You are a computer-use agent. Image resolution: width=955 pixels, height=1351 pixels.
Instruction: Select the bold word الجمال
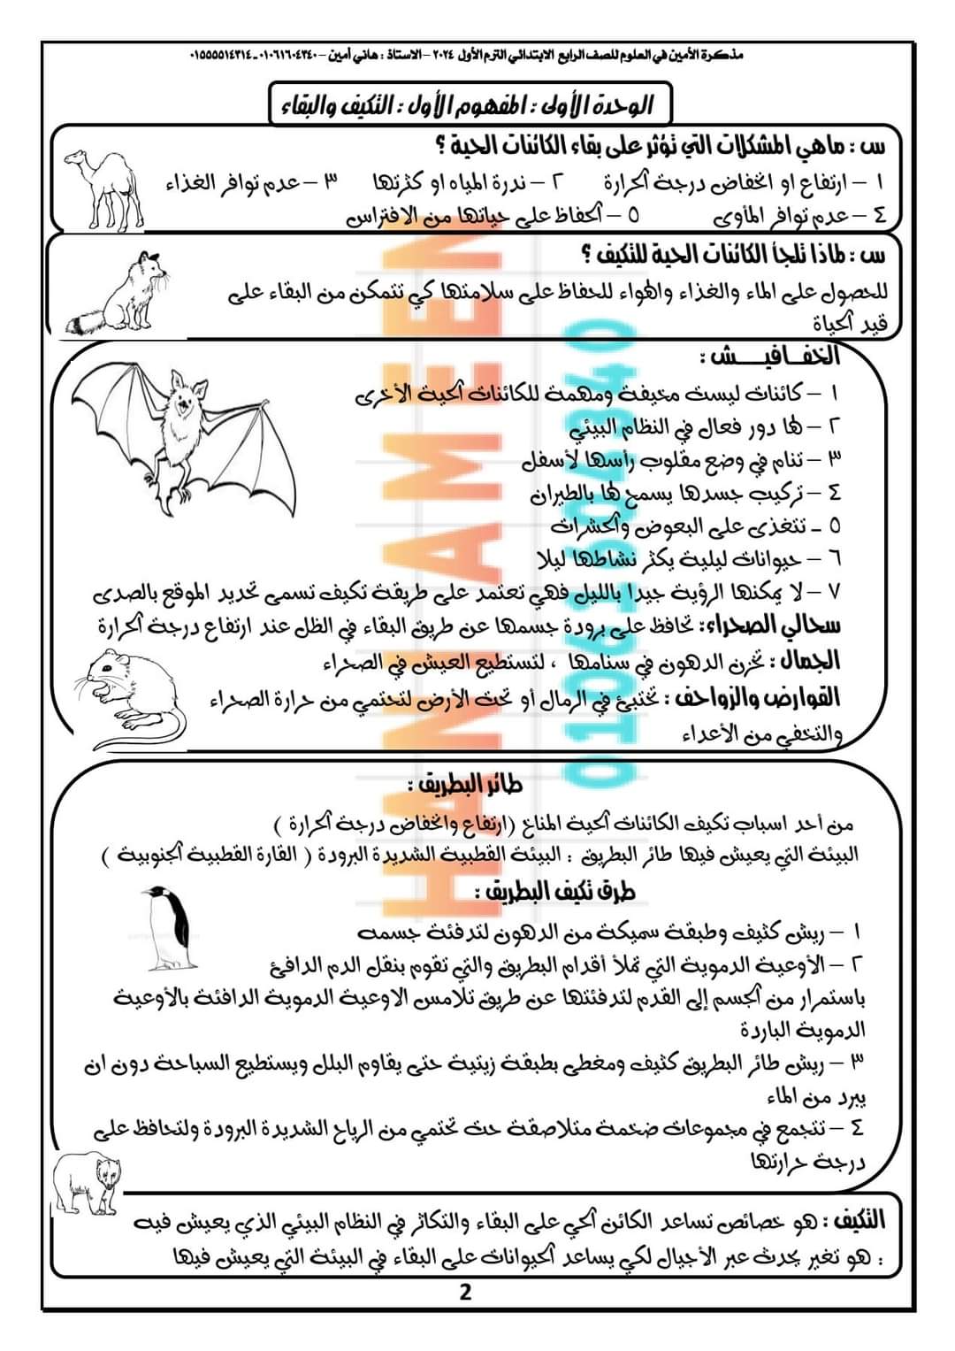(x=807, y=661)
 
